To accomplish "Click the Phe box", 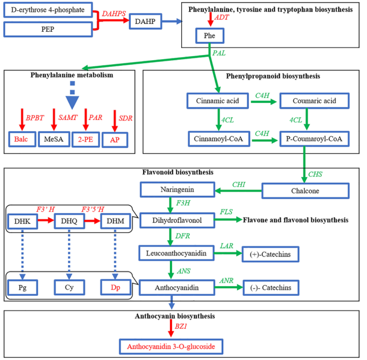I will (210, 37).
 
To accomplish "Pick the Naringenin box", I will (176, 191).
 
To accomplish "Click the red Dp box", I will (114, 287).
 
